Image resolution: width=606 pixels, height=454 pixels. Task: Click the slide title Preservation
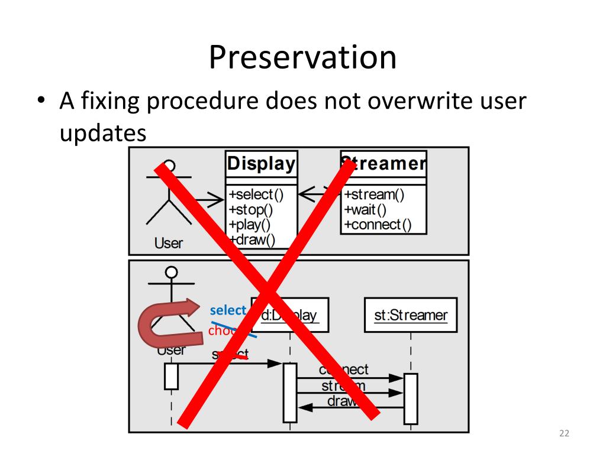(302, 57)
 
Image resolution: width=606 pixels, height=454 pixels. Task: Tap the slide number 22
(563, 435)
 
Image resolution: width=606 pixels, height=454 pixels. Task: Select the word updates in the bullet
(103, 133)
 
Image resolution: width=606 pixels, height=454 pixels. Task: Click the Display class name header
(261, 164)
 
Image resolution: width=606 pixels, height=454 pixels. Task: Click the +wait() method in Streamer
(366, 209)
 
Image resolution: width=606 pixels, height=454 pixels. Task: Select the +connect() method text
(378, 225)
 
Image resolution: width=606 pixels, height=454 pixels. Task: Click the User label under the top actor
(169, 242)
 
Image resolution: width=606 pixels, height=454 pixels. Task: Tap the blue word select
(228, 310)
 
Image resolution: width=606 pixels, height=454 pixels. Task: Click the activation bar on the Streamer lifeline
(410, 398)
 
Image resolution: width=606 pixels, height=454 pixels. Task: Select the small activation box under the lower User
(171, 376)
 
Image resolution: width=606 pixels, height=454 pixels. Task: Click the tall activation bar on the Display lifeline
(290, 393)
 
